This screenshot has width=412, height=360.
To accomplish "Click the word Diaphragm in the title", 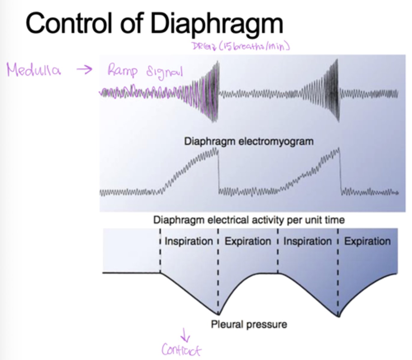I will [217, 23].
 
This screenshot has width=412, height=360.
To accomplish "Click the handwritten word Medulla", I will [33, 70].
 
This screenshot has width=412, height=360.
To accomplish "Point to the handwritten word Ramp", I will [123, 71].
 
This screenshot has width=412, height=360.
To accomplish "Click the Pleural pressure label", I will [249, 324].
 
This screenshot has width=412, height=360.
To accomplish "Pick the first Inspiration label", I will [189, 241].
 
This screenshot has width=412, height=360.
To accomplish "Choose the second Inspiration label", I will [307, 241].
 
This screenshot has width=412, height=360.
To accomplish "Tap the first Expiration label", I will [248, 241].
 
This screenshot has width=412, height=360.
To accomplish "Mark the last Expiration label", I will [367, 241].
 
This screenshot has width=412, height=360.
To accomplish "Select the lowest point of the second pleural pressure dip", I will [338, 316].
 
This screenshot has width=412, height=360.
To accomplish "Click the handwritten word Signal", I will [164, 72].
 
